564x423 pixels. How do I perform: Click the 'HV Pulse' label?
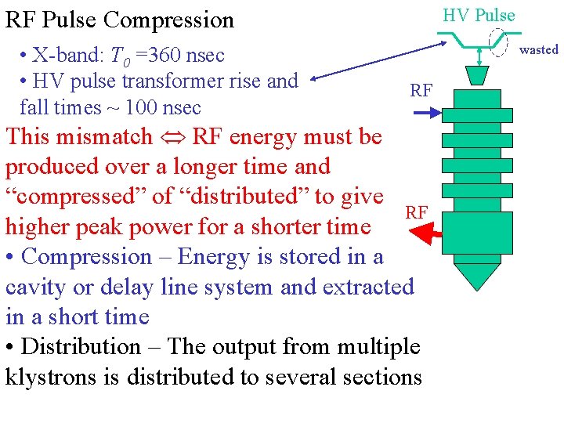click(479, 15)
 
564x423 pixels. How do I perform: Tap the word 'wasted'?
click(538, 49)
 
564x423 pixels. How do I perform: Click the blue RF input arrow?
click(427, 114)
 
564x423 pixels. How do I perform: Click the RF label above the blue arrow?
click(421, 91)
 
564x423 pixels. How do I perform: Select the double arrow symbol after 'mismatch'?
click(172, 138)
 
